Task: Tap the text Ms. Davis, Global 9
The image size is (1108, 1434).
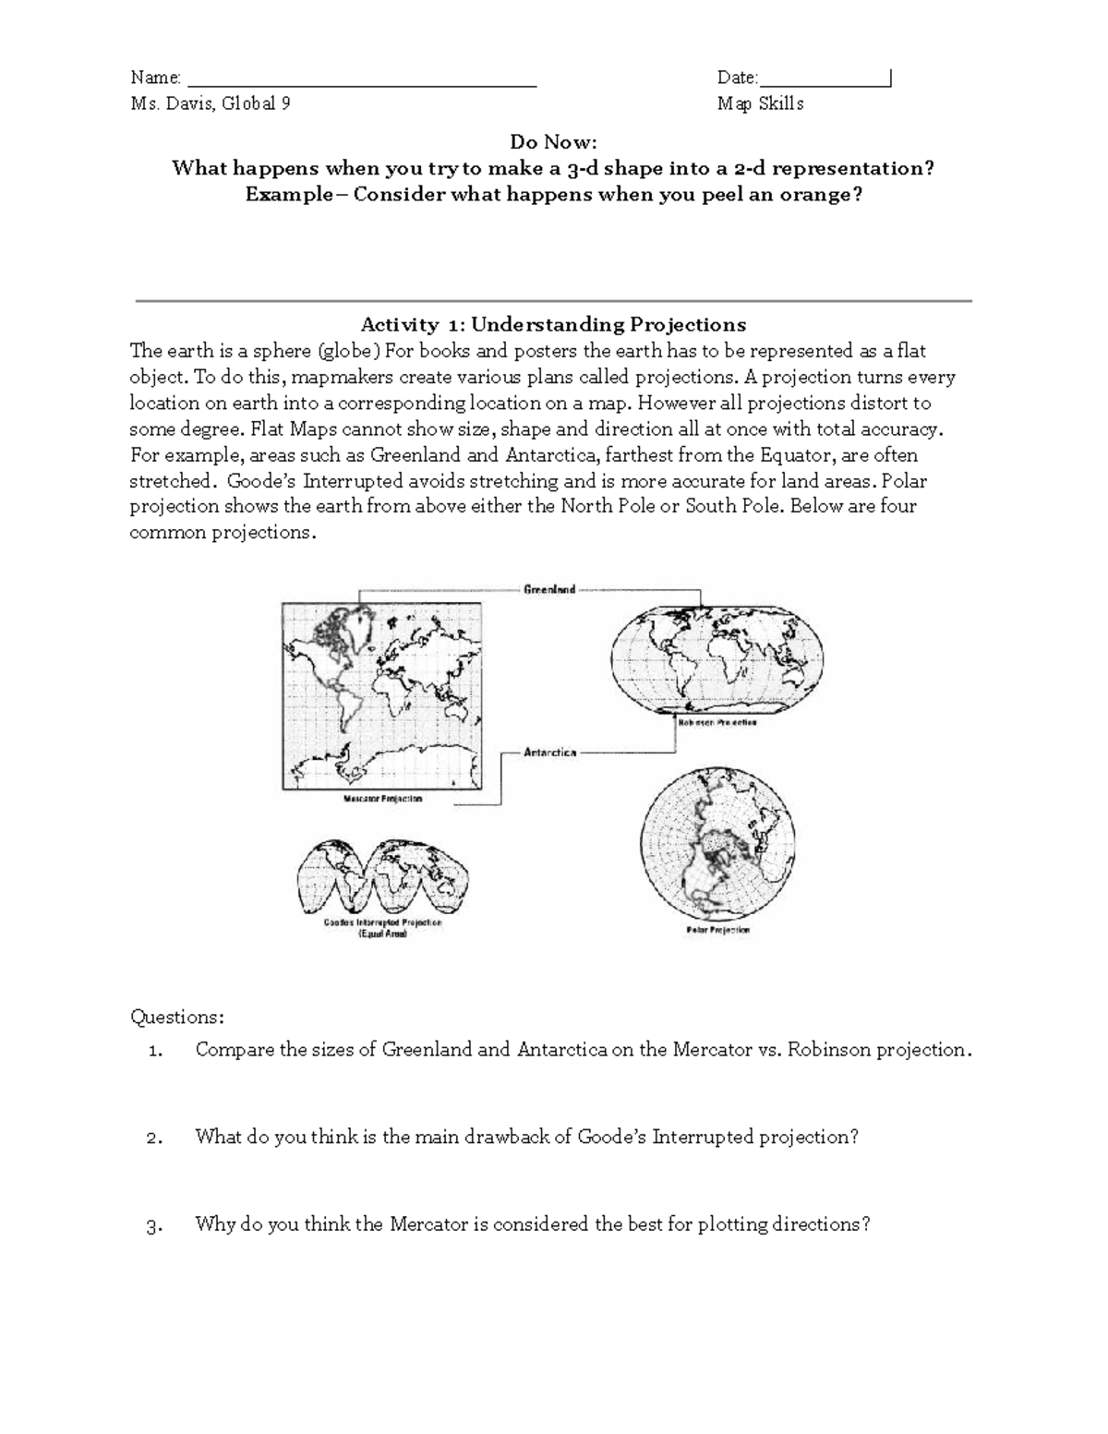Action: pos(211,104)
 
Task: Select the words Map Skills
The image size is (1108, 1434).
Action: pos(760,104)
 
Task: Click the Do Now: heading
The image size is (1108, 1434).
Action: pos(554,142)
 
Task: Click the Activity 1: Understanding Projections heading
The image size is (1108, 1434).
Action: pos(553,324)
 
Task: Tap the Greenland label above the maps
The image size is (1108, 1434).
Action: pos(549,589)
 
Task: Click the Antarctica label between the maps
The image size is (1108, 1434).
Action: pos(550,753)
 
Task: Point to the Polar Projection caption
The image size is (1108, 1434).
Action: pos(717,930)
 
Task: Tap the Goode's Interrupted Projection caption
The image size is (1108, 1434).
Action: pos(382,922)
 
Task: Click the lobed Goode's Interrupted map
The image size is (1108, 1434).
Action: pos(382,875)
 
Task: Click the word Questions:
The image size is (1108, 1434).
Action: pos(176,1018)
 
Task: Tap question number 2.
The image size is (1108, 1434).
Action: pos(155,1138)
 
